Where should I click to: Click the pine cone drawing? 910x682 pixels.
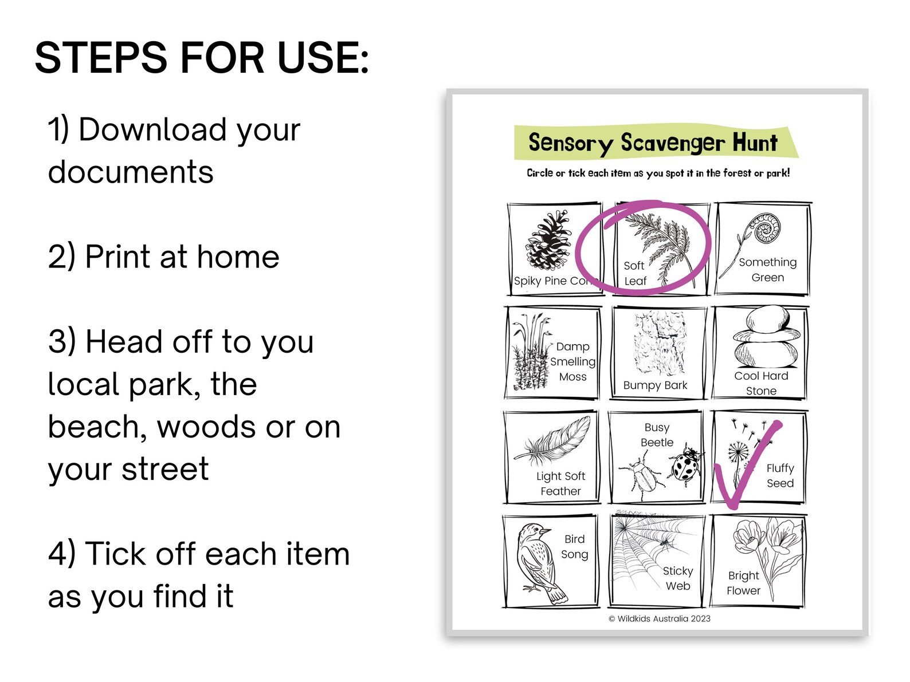[x=549, y=241]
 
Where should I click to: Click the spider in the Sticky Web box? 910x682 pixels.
[x=665, y=541]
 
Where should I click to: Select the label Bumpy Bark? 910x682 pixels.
[x=655, y=385]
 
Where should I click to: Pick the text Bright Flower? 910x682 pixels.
[x=743, y=583]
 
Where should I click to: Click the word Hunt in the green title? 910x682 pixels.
[x=755, y=143]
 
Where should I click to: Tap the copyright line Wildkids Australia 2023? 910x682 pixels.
[x=660, y=618]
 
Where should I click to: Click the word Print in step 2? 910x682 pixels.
[x=117, y=257]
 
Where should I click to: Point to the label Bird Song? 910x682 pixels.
[x=574, y=547]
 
